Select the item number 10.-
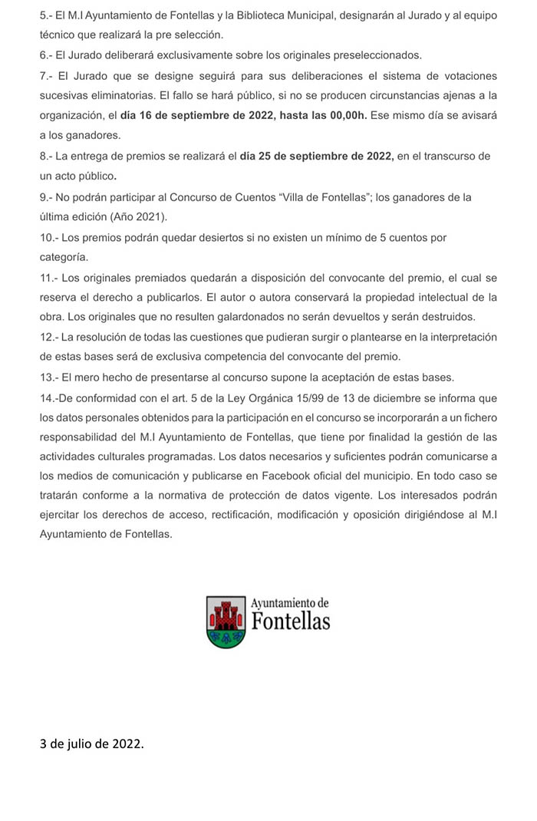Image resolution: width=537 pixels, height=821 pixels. pos(49,238)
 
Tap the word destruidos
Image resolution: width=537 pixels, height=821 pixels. pos(447,317)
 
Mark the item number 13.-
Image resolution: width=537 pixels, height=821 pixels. pos(49,377)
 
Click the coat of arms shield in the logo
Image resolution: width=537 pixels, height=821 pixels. pos(226,622)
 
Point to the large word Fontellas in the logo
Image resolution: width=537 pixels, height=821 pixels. pos(291,621)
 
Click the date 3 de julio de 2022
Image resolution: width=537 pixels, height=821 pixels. pos(91,744)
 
